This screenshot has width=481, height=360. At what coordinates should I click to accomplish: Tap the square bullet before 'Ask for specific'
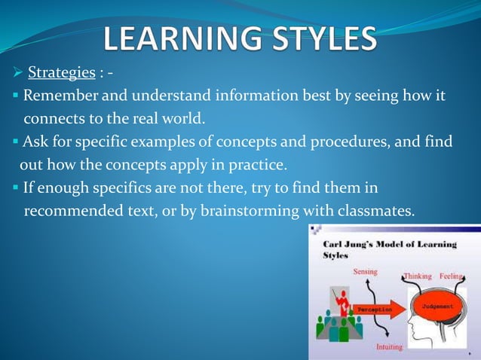[x=15, y=142]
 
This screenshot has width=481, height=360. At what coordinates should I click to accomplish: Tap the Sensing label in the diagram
[x=366, y=272]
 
